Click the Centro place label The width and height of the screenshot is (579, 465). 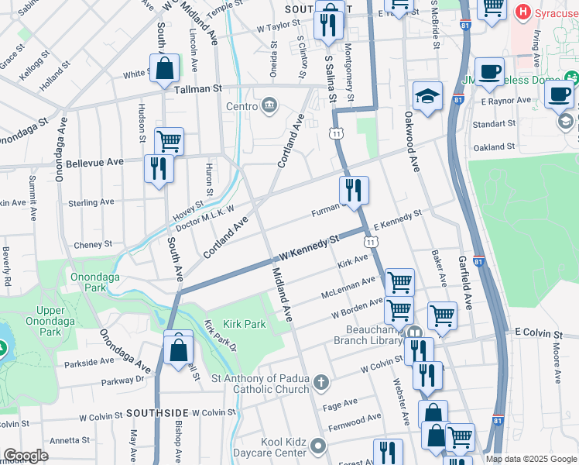tap(241, 106)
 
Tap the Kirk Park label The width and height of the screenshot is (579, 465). tap(244, 324)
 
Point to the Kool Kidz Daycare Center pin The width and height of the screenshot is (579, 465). tap(319, 446)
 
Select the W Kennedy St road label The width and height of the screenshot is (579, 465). tap(310, 248)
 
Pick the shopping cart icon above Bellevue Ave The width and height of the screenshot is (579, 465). tap(169, 141)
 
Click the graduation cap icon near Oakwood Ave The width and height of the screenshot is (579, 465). tap(427, 96)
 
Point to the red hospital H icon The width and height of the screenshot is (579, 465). tap(525, 12)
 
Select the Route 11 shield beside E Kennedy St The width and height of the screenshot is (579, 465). tap(372, 243)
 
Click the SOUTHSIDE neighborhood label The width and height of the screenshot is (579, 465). tap(157, 412)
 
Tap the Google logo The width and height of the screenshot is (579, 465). tap(26, 456)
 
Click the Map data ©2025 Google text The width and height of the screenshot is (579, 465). tap(531, 459)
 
